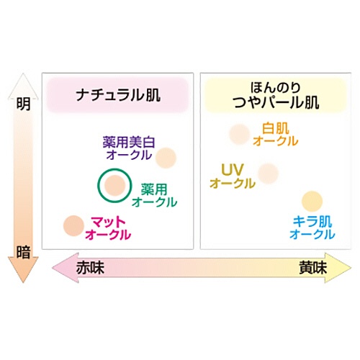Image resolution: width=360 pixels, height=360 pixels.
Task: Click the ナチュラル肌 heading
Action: [118, 95]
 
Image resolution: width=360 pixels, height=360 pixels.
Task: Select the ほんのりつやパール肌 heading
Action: [276, 95]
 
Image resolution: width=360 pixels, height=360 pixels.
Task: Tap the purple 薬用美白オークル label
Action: [129, 148]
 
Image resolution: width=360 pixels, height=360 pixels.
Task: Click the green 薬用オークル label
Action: [154, 196]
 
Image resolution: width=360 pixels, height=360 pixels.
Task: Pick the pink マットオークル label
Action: [108, 228]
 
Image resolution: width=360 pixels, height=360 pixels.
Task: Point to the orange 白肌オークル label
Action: [276, 135]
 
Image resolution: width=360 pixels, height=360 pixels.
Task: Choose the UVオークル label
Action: [233, 176]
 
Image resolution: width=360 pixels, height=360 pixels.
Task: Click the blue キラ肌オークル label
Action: [312, 228]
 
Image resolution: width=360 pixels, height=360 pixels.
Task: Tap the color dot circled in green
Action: [115, 185]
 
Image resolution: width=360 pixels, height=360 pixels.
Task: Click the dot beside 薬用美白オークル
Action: [166, 158]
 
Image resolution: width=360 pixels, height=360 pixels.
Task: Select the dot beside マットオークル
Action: [73, 225]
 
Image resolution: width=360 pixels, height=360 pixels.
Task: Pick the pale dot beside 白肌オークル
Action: [239, 134]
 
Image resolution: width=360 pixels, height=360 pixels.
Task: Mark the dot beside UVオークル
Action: [269, 174]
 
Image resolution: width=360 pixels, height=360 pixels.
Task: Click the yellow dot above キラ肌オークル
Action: [312, 202]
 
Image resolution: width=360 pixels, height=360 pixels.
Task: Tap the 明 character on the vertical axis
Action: [24, 104]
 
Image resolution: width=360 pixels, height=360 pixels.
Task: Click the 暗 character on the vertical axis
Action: [24, 252]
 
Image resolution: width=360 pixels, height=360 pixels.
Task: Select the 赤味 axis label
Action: [90, 268]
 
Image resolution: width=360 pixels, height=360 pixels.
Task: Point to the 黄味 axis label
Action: [313, 268]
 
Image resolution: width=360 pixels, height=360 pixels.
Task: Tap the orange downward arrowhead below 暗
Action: [23, 269]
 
